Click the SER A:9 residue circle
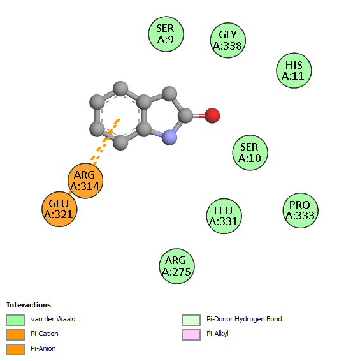pos(166,34)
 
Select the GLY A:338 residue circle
pos(228,40)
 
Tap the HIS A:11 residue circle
pos(294,70)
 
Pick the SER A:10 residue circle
pos(250,152)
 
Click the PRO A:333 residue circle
pos(300,210)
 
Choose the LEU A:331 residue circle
pos(224,216)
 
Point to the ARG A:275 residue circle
pos(176,266)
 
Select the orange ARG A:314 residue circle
pos(85,180)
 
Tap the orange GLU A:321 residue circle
pos(59,209)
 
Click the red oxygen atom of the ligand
pos(212,115)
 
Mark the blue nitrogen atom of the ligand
pos(169,137)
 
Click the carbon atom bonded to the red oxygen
pos(185,115)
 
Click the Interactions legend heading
pos(29,305)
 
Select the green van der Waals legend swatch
pos(15,320)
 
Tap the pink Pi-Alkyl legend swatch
pos(191,335)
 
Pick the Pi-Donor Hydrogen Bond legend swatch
pos(191,320)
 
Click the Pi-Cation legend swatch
pos(15,335)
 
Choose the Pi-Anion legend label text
pos(43,348)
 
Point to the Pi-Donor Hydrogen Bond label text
pos(244,319)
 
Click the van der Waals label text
pos(53,319)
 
